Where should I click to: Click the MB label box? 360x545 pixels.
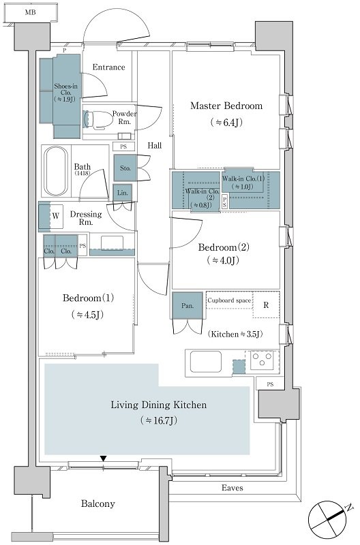coord(30,13)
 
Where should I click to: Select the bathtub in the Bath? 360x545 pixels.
coord(55,171)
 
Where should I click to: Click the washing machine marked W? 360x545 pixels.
coord(56,216)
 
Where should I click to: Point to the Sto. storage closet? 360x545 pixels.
coord(125,168)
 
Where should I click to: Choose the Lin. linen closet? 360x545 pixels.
coord(123,193)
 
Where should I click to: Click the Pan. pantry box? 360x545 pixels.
coord(187,305)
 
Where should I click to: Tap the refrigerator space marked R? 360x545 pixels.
coord(266,305)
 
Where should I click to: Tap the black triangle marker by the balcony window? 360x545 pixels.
coord(103,458)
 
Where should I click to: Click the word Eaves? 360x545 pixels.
coord(232,488)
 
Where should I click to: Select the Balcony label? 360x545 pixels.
coord(97,503)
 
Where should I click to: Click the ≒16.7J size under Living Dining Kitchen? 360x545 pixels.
coord(159,420)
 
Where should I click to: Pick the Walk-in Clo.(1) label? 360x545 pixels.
coord(243,178)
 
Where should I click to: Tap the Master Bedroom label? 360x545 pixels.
coord(226,106)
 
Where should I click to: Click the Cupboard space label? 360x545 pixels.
coord(229,300)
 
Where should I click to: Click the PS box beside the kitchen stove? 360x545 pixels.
coord(270,384)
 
